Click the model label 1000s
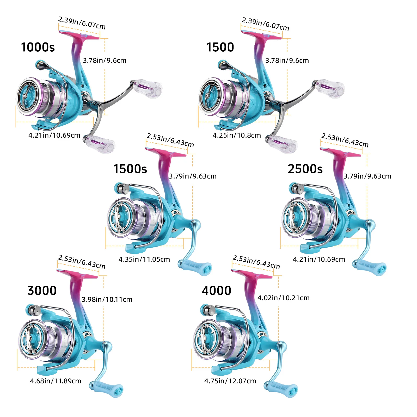coord(38,47)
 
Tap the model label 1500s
coord(130,169)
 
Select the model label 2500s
coord(305,169)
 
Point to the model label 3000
coord(42,291)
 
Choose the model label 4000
coord(216,291)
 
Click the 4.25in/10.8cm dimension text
coord(237,135)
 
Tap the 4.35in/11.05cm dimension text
coord(144,259)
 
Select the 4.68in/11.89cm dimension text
coord(56,381)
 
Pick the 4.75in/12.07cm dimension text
coord(230,381)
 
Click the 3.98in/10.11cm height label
coord(107,299)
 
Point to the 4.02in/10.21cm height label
coord(283,298)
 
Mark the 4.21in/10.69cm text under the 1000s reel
coord(54,135)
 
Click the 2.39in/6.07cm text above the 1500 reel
coord(265,24)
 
